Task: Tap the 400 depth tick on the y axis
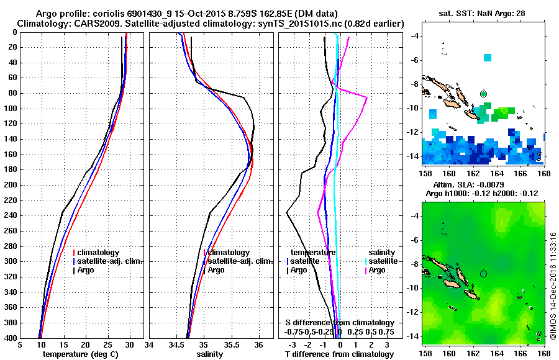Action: pyautogui.click(x=12, y=338)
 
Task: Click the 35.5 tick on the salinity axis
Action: pyautogui.click(x=231, y=345)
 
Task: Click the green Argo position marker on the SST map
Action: pyautogui.click(x=484, y=94)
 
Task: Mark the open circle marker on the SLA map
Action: pyautogui.click(x=484, y=273)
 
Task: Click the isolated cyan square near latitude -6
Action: pyautogui.click(x=488, y=58)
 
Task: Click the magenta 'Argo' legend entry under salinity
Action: pyautogui.click(x=377, y=270)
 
